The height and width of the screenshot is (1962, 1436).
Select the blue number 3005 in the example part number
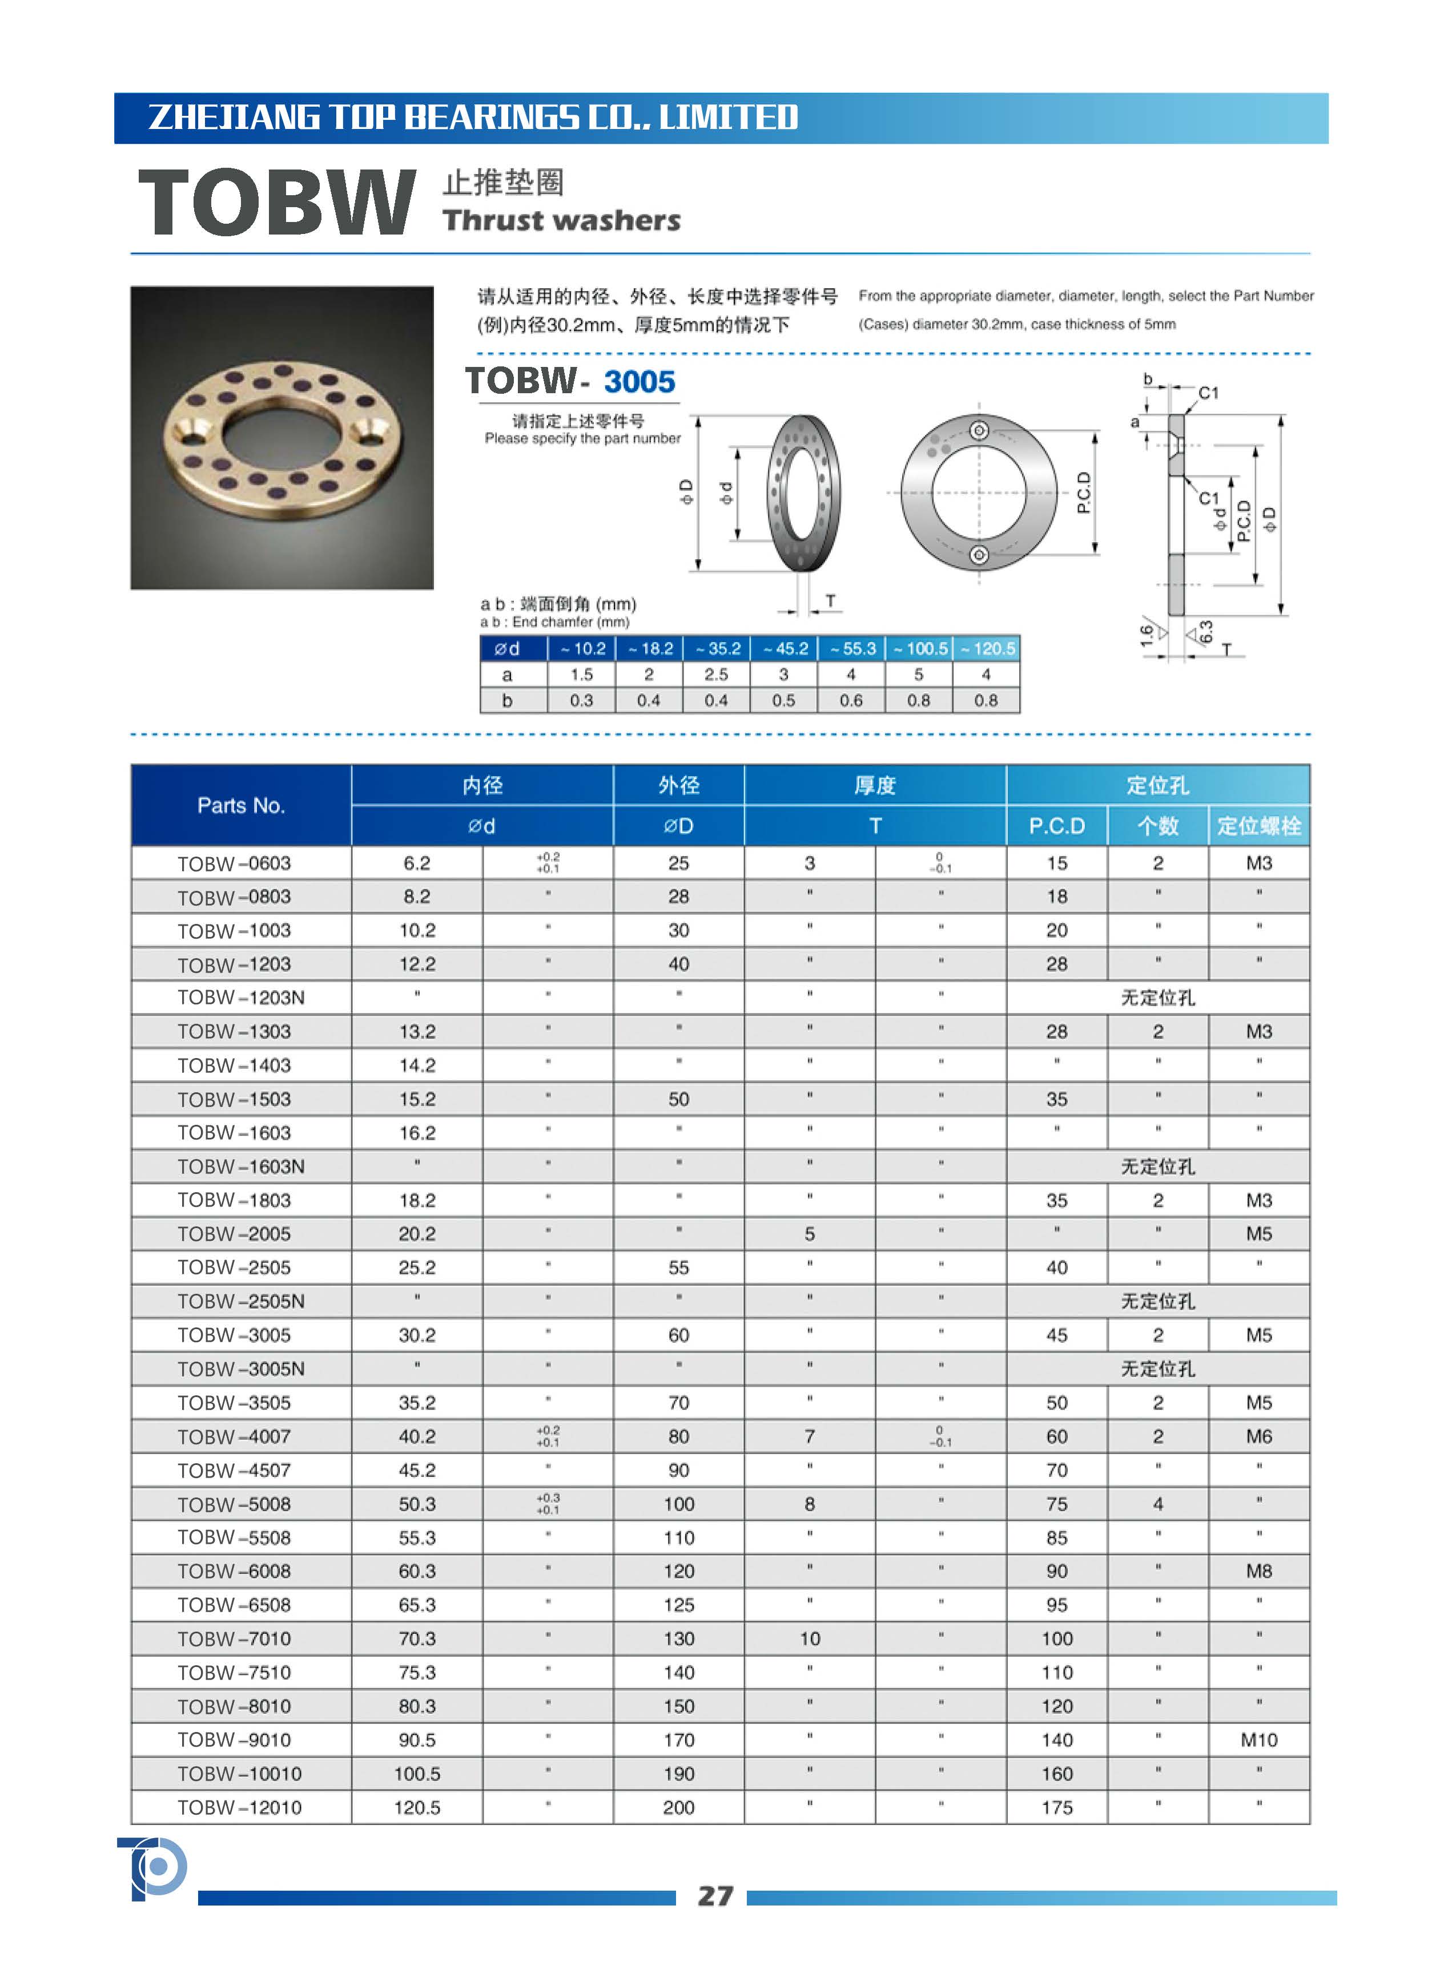coord(639,381)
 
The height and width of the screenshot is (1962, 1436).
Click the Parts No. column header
coord(241,805)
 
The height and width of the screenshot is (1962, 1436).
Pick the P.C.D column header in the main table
coord(1056,825)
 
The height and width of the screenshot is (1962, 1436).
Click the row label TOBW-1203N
coord(241,998)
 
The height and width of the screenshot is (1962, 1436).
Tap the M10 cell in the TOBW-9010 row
coord(1258,1739)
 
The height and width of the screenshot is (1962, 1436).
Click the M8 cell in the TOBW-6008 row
coord(1258,1571)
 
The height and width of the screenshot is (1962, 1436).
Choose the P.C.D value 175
coord(1056,1807)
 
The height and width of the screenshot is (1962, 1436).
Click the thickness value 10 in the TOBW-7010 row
coord(809,1639)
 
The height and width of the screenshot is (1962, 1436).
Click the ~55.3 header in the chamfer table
coord(851,648)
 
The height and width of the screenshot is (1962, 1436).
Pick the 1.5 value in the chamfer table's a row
coord(581,675)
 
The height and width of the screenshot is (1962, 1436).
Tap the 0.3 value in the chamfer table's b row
coord(581,700)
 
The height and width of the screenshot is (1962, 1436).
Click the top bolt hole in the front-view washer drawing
coord(979,431)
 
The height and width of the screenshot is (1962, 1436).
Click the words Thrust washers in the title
coord(561,221)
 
